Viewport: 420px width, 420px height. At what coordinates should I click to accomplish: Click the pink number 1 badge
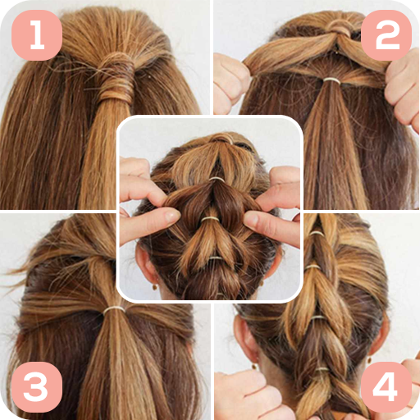tap(37, 35)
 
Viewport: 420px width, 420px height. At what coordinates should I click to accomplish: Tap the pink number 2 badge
tap(386, 35)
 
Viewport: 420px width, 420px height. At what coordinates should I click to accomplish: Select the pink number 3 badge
tap(37, 386)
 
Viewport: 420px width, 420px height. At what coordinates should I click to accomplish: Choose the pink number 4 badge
tap(386, 386)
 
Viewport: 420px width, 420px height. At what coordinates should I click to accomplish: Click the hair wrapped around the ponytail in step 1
tap(116, 77)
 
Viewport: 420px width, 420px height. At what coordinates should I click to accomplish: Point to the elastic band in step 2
tap(332, 80)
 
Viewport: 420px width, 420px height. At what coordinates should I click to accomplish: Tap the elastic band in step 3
tap(114, 309)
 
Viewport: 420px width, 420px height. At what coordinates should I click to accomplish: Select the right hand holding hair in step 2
tap(403, 88)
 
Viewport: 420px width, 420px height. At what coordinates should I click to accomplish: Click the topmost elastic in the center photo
tap(217, 180)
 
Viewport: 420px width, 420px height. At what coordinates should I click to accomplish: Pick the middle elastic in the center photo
tap(210, 219)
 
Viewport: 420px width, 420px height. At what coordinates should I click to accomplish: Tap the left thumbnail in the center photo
tap(172, 216)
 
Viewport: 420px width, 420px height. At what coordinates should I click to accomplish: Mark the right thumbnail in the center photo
tap(251, 220)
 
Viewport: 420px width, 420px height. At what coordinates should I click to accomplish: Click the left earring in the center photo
tap(155, 286)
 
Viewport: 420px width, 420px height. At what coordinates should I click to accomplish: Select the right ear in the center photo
tap(273, 262)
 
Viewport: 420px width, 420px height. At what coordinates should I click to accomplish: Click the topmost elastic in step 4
tap(317, 233)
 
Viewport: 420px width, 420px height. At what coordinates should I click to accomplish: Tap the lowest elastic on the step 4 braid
tap(322, 369)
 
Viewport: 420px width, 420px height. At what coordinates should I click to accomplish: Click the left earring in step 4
tap(254, 366)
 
